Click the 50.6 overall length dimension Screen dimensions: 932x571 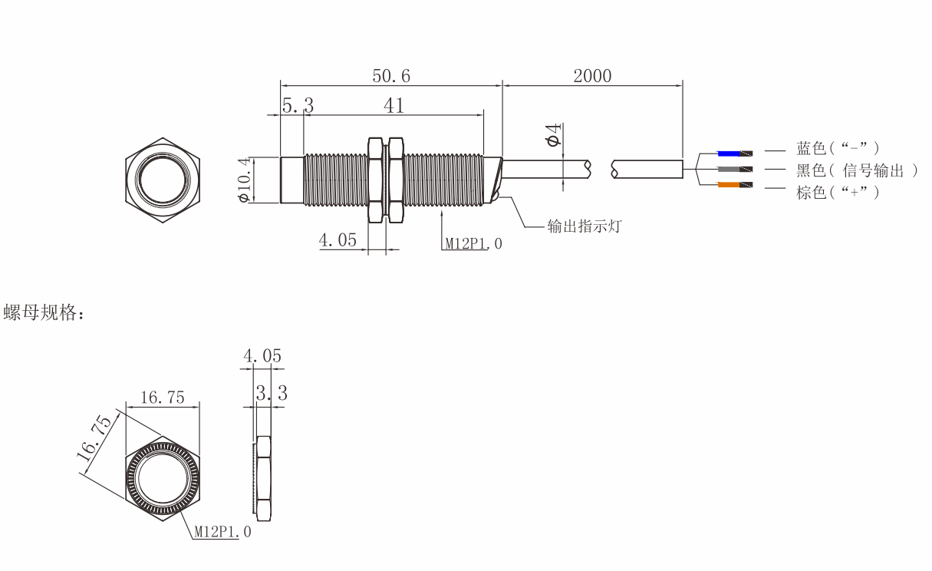391,76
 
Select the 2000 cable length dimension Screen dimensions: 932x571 592,76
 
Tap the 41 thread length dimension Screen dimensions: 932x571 394,106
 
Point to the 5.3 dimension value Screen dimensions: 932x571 298,105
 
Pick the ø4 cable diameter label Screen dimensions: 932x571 553,135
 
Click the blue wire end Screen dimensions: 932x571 735,153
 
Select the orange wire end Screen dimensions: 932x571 735,185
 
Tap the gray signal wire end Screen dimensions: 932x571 735,170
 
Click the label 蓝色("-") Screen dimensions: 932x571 838,148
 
